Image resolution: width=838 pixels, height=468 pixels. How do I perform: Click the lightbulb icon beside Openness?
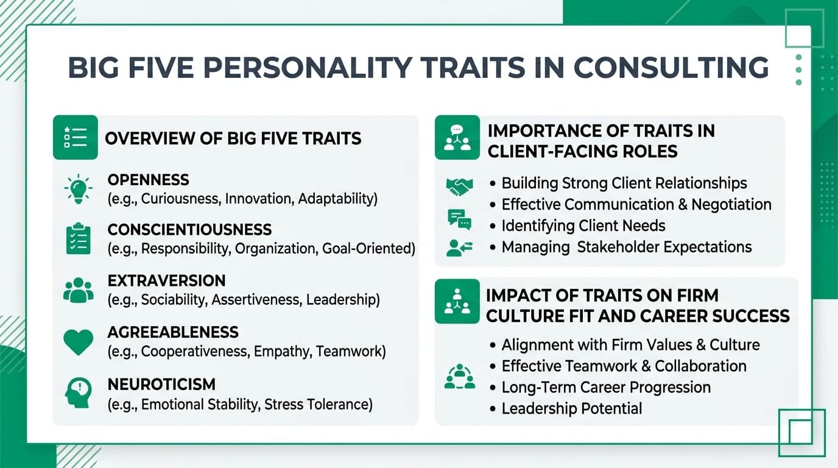point(78,189)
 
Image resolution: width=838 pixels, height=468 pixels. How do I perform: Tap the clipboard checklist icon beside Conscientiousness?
point(78,239)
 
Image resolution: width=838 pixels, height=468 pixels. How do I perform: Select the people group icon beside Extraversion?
point(78,290)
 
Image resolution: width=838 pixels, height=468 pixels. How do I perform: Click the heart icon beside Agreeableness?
point(78,342)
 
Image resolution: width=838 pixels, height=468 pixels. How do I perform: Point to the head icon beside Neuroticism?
point(78,393)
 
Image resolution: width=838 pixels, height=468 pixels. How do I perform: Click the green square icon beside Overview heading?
point(76,138)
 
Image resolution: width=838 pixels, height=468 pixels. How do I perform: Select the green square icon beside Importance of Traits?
point(457,138)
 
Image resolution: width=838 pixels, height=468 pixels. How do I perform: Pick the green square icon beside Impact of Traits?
point(457,301)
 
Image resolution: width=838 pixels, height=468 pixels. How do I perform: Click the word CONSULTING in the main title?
point(671,67)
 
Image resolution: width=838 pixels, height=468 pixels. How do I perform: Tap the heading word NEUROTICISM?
point(161,385)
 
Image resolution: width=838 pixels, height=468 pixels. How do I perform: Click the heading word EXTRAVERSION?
point(166,281)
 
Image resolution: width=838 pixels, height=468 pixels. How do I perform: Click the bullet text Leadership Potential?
point(571,408)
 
